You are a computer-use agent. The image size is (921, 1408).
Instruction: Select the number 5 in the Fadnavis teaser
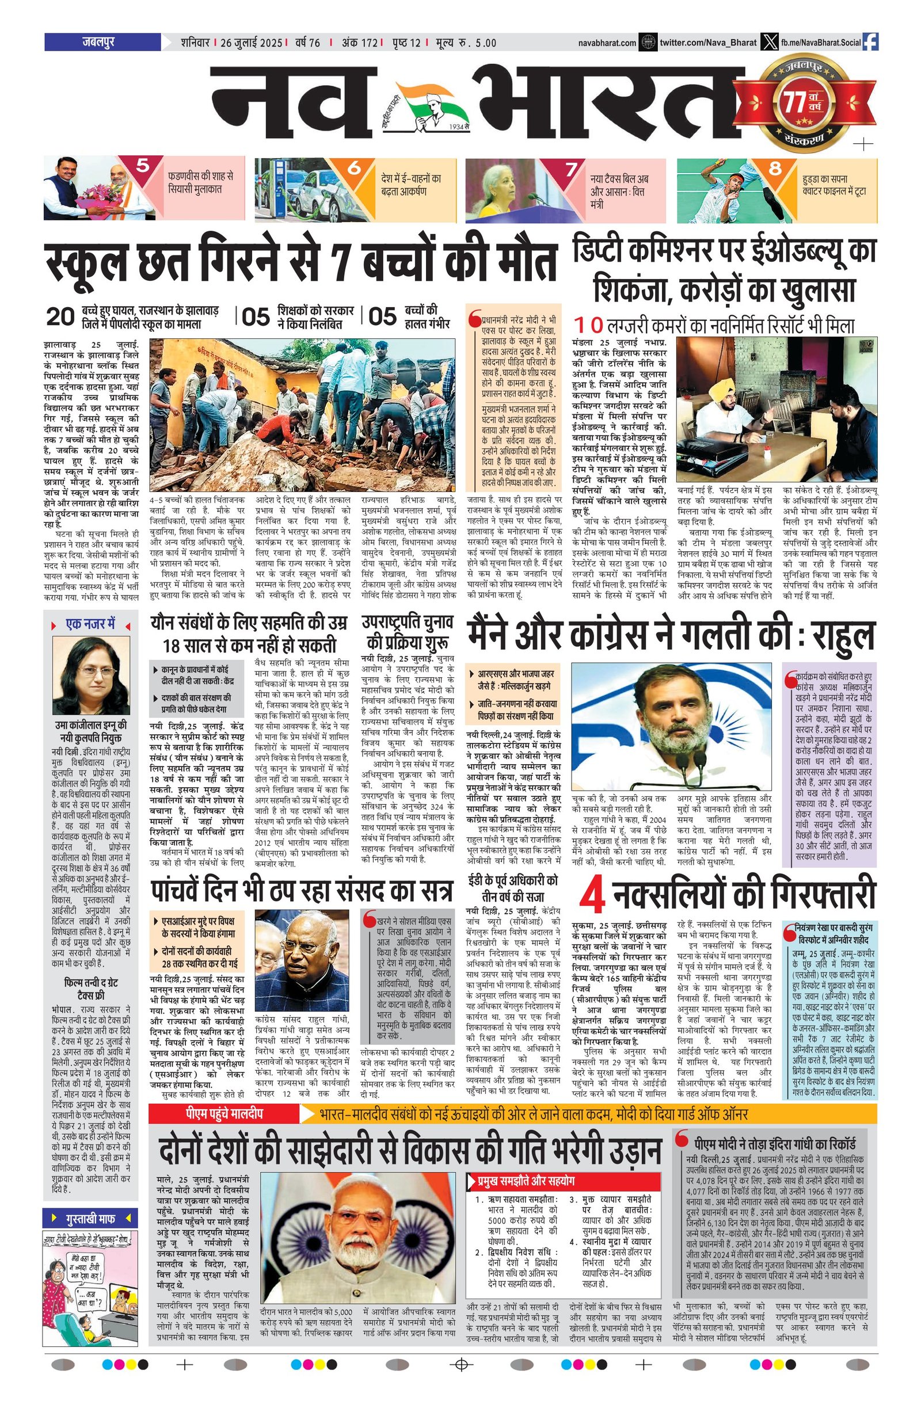[x=143, y=166]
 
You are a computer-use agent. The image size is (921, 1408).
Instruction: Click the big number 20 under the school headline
[x=60, y=317]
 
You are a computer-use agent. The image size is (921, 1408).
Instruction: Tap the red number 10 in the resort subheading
[x=588, y=325]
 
